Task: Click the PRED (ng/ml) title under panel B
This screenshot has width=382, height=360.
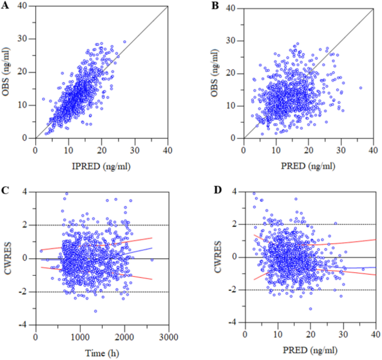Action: pos(310,165)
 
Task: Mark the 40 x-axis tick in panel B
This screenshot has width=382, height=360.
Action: pos(373,149)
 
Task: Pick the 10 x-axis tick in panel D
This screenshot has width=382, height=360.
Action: pos(277,334)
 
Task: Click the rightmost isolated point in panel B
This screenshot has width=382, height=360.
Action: pos(360,88)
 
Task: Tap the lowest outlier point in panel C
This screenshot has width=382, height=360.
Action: pos(95,311)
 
